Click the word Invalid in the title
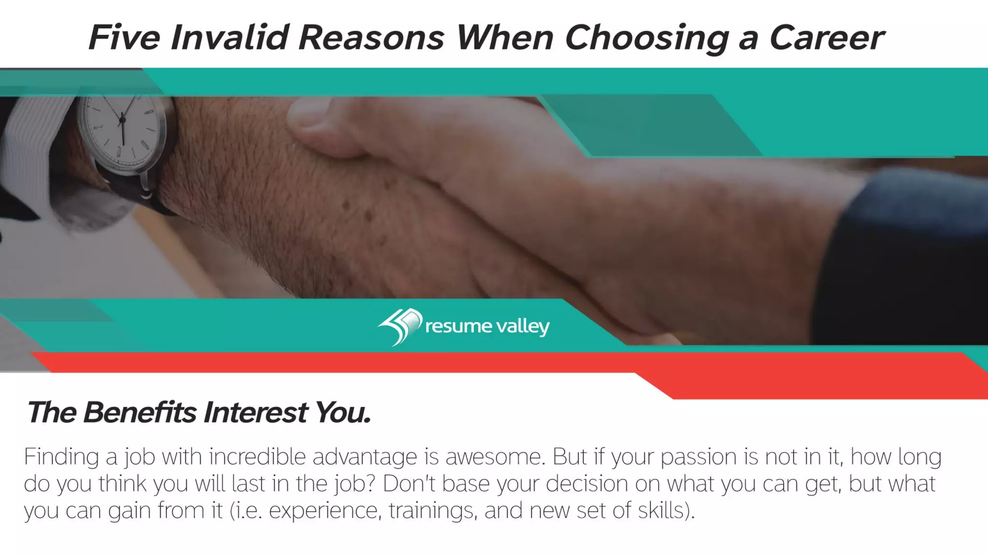[229, 38]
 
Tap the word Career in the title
[826, 38]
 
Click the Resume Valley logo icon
[399, 326]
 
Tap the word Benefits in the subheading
[140, 413]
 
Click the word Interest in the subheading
[255, 413]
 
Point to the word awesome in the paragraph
[495, 457]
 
